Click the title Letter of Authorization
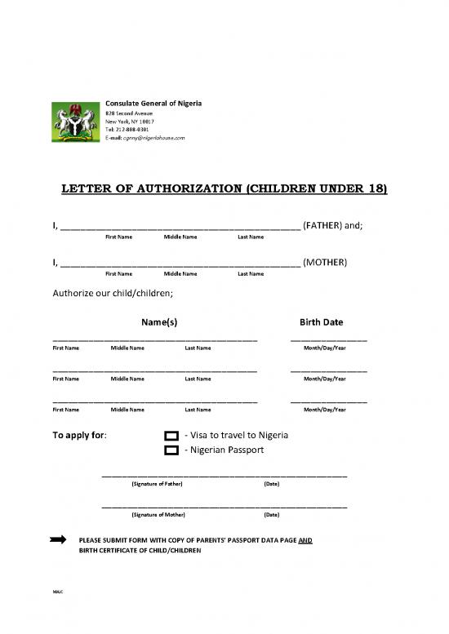(x=224, y=190)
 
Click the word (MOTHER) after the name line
(x=325, y=262)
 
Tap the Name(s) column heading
(x=160, y=322)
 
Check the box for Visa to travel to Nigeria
(x=171, y=436)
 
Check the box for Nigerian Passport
(x=171, y=450)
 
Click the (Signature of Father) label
(x=157, y=485)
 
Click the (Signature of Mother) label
(x=158, y=515)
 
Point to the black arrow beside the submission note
(x=58, y=540)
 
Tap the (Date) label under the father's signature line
(x=273, y=485)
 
